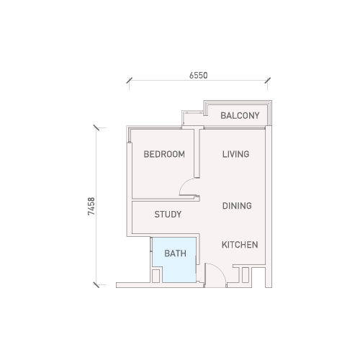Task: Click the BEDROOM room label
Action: point(164,154)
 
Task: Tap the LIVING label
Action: point(235,154)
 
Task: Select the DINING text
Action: point(237,206)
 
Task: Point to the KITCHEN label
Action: point(240,245)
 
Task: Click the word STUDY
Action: point(168,215)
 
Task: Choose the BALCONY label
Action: point(240,116)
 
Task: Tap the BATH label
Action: point(175,253)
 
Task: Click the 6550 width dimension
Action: point(199,76)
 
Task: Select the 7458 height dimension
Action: point(91,206)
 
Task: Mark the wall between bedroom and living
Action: point(197,153)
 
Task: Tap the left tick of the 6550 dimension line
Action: point(130,81)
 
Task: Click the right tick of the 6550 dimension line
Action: point(268,81)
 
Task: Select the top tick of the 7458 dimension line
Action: point(96,127)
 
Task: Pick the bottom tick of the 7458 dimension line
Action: point(96,285)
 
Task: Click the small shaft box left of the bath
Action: point(156,276)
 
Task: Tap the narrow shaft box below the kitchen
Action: point(246,275)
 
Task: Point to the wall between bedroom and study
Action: point(166,200)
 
